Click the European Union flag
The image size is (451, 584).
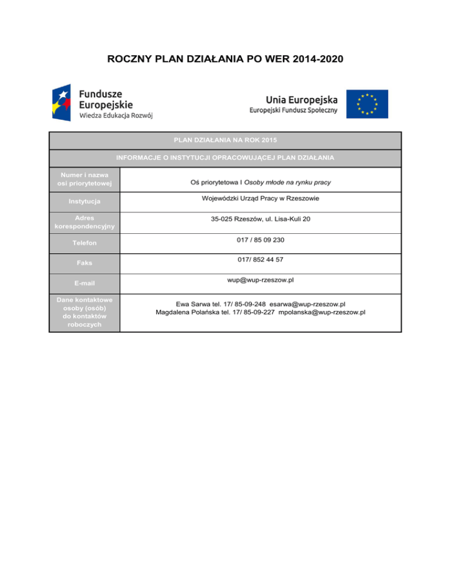[x=366, y=103]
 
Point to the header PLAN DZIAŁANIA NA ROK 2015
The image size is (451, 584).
[x=225, y=140]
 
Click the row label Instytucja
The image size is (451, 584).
[x=85, y=202]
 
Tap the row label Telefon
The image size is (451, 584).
[x=85, y=243]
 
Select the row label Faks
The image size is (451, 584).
[x=85, y=263]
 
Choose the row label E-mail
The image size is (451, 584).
[x=85, y=284]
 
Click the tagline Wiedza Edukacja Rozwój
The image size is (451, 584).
[x=116, y=116]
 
